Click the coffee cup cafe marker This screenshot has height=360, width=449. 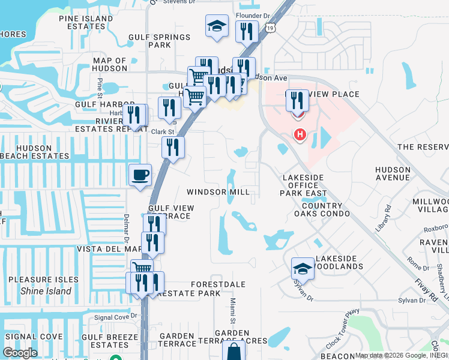pyautogui.click(x=140, y=175)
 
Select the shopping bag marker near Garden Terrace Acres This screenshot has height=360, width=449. pyautogui.click(x=234, y=351)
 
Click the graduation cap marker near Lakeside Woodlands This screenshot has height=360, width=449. pyautogui.click(x=303, y=268)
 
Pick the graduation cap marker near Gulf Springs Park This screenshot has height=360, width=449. pyautogui.click(x=217, y=26)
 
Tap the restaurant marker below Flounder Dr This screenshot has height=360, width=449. pyautogui.click(x=247, y=31)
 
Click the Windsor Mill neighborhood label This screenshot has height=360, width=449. pyautogui.click(x=218, y=192)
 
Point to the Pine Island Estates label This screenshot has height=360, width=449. pyautogui.click(x=86, y=23)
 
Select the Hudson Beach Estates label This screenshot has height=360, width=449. pyautogui.click(x=35, y=152)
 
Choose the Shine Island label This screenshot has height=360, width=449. pyautogui.click(x=46, y=291)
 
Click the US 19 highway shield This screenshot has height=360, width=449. pyautogui.click(x=271, y=28)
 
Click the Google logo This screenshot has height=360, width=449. pyautogui.click(x=20, y=353)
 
